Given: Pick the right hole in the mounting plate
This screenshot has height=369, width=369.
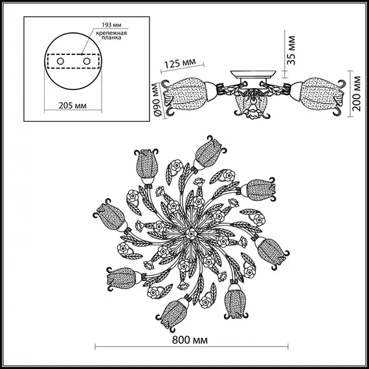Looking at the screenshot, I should [85, 61].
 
